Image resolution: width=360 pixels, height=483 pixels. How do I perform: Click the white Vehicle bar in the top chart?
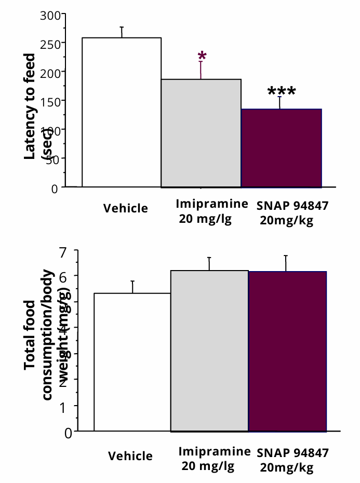click(122, 112)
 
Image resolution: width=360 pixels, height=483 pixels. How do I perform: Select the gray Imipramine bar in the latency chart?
click(201, 133)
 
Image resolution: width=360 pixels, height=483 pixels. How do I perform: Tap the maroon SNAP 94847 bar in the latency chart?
click(281, 148)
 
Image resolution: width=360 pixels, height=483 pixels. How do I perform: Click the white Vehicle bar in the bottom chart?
click(132, 362)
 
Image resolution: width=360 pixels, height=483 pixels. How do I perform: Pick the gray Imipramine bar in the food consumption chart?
click(209, 351)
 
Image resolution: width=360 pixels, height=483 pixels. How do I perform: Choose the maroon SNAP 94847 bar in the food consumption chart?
click(287, 352)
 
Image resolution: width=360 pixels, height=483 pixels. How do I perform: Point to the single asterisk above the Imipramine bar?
click(202, 57)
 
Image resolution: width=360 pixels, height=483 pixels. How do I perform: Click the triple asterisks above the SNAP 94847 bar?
click(281, 92)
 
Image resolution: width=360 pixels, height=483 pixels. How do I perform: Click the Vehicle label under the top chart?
click(126, 208)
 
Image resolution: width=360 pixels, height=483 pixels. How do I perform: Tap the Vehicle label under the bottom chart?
click(130, 456)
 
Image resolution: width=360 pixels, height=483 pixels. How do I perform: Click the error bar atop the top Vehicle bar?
click(122, 32)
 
